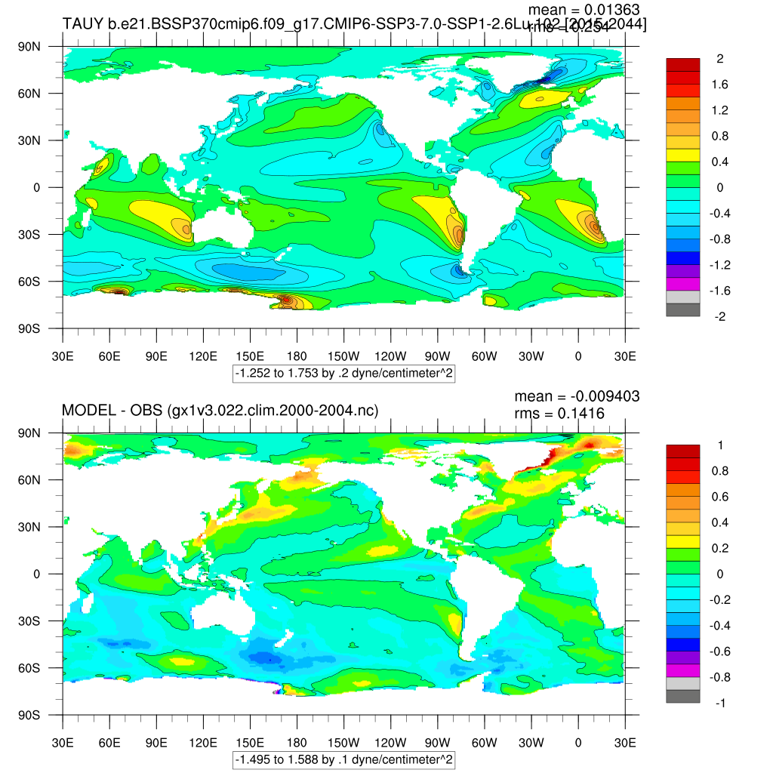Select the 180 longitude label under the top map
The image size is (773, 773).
297,356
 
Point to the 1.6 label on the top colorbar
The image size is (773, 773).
719,85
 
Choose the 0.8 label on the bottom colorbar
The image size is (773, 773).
719,471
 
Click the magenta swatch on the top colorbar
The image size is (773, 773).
683,284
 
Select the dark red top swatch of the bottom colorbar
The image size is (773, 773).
683,451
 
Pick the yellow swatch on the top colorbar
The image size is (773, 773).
683,156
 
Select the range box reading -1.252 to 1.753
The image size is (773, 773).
343,373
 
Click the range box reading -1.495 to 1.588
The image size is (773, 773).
343,759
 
